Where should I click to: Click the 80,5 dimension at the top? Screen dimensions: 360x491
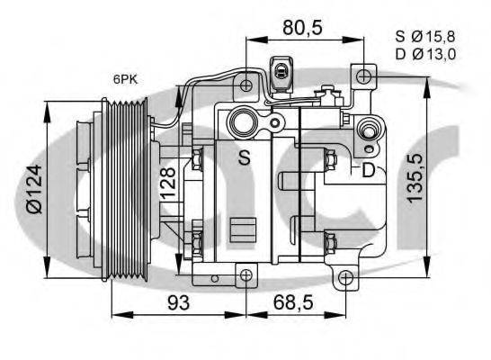[302, 27]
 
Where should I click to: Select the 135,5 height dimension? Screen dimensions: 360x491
[415, 177]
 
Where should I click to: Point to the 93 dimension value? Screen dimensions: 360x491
[179, 303]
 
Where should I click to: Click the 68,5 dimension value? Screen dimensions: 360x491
[292, 303]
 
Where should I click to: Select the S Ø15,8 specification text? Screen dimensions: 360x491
[426, 37]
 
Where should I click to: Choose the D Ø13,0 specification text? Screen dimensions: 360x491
[426, 54]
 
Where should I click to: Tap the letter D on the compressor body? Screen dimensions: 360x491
[368, 170]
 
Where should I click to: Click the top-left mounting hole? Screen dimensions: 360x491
[245, 85]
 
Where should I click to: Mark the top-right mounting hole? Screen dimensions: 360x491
[362, 76]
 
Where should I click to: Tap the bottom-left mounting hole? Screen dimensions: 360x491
[245, 274]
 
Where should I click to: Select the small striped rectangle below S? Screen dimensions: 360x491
[241, 229]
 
